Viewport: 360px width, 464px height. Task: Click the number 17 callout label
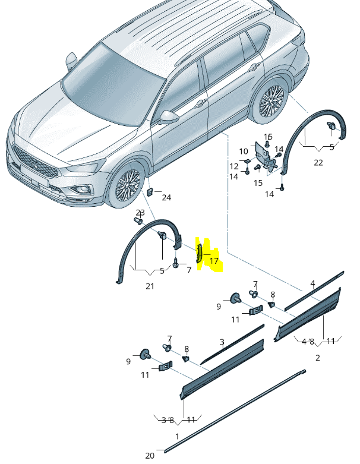click(x=214, y=261)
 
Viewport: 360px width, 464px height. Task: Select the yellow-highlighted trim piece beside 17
click(x=199, y=254)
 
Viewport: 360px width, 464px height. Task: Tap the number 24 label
click(x=166, y=197)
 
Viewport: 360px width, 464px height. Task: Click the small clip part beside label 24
click(x=150, y=192)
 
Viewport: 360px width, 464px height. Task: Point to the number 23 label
click(x=140, y=213)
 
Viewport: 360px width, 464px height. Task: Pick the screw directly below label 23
click(x=138, y=221)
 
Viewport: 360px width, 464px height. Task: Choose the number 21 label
click(x=150, y=286)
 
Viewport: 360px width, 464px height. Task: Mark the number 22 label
click(x=318, y=162)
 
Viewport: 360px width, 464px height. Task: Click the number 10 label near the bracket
click(x=244, y=151)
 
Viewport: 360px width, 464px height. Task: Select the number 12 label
click(x=233, y=166)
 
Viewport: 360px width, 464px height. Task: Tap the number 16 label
click(x=268, y=137)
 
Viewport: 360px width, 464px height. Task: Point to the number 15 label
click(x=258, y=183)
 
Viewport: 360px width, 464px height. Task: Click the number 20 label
click(x=150, y=456)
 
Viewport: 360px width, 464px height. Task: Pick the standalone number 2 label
click(x=318, y=358)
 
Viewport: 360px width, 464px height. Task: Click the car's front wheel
click(x=128, y=185)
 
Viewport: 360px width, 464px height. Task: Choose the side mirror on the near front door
click(x=169, y=117)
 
